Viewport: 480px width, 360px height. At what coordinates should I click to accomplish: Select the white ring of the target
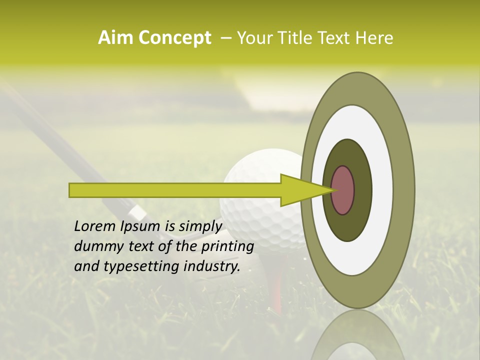tap(382, 190)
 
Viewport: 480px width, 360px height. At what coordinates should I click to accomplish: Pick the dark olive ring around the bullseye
tap(362, 190)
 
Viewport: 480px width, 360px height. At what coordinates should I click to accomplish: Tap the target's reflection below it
tap(357, 335)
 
